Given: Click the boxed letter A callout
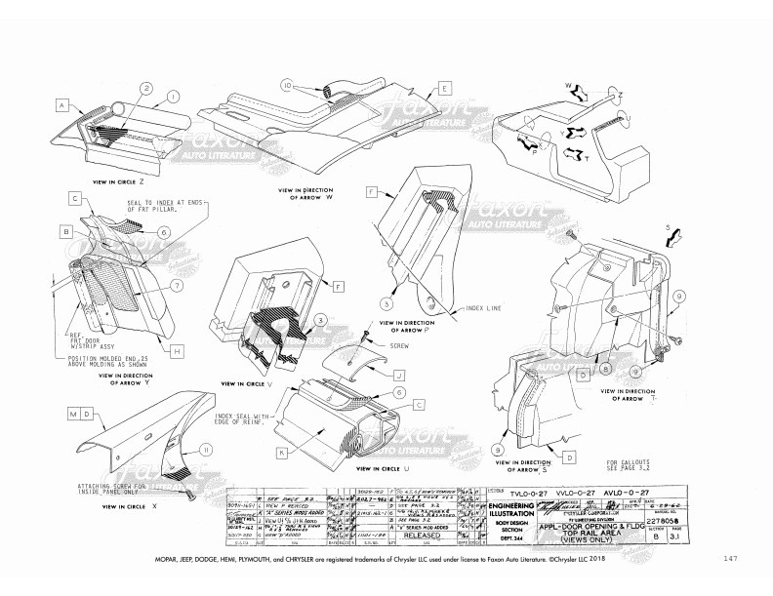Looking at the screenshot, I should (x=61, y=104).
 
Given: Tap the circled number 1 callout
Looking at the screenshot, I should (x=172, y=97).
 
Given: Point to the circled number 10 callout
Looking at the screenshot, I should (x=288, y=85).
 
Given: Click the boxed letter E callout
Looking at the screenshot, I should (x=444, y=88).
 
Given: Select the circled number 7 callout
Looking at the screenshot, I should (x=177, y=286).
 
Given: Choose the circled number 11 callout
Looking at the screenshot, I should (x=206, y=450).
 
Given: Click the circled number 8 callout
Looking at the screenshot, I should (x=605, y=369).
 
